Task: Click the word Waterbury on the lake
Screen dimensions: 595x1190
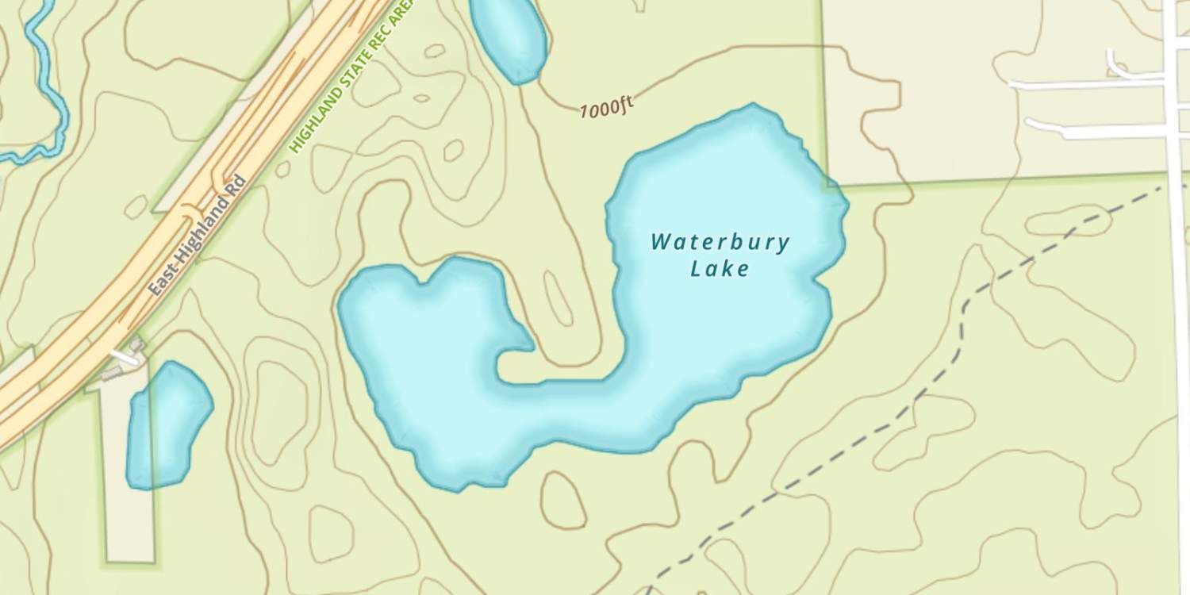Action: click(x=720, y=242)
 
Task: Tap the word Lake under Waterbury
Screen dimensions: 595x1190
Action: click(x=720, y=269)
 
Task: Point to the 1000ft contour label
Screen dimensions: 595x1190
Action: click(x=606, y=107)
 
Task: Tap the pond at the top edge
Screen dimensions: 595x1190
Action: click(x=508, y=36)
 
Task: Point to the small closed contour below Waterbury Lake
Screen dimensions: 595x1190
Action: click(x=563, y=500)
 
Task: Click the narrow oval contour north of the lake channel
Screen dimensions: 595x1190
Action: click(x=559, y=298)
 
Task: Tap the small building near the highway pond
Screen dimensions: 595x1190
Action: click(x=136, y=346)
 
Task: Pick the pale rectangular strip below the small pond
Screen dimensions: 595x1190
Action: click(x=130, y=524)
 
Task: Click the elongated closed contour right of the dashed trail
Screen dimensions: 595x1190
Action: click(x=1067, y=221)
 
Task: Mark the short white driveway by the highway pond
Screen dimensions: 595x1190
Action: click(x=123, y=357)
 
